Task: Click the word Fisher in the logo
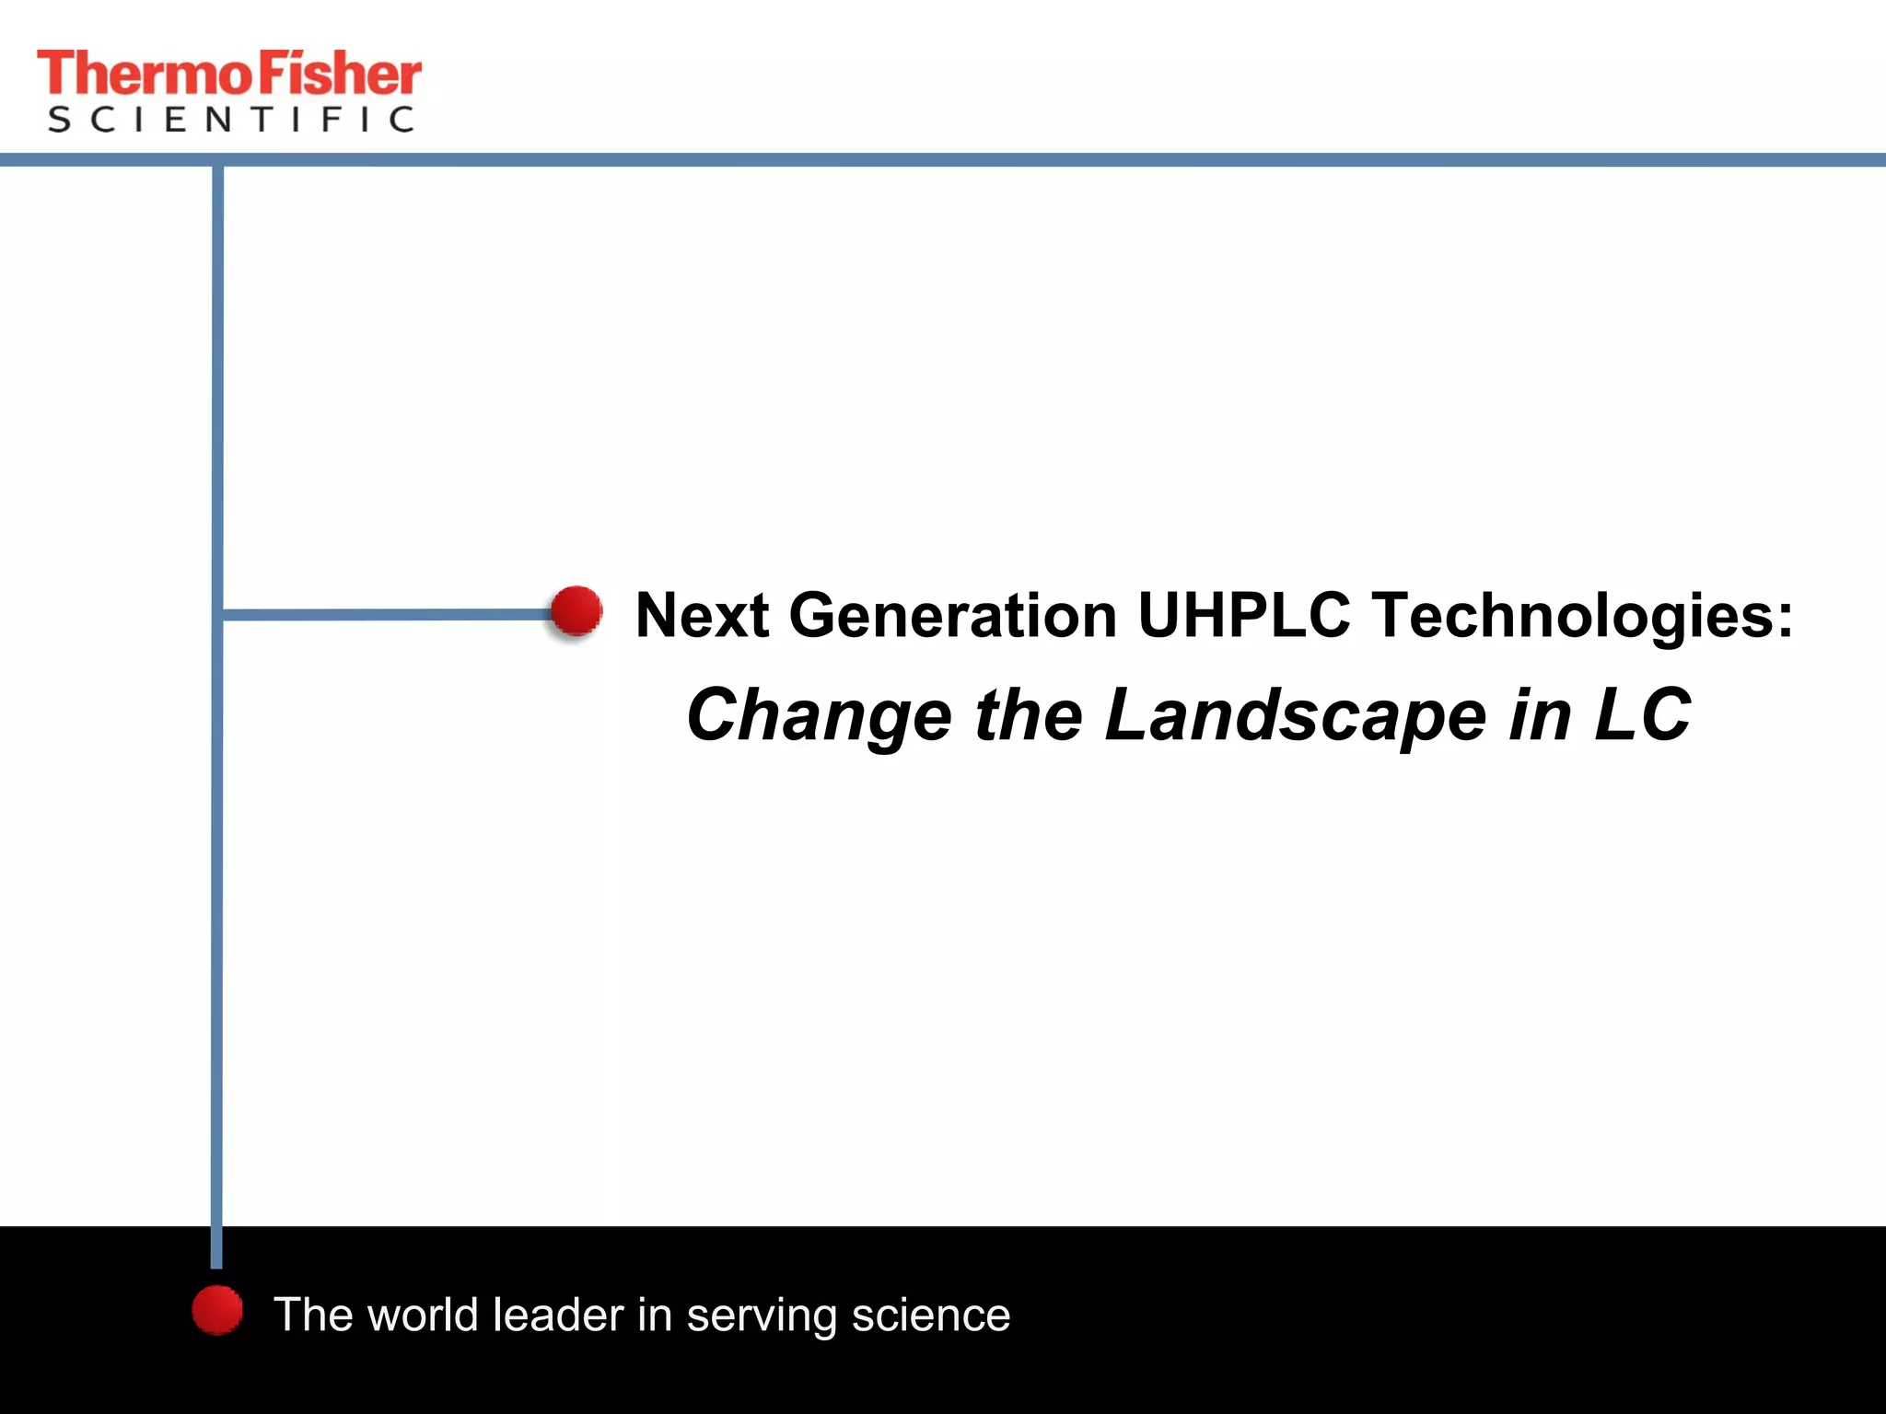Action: tap(339, 74)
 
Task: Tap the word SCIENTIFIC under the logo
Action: tap(230, 120)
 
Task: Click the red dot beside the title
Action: tap(576, 610)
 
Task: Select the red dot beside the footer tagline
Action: tap(217, 1310)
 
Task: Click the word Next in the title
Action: tap(702, 615)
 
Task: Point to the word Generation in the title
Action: tap(952, 615)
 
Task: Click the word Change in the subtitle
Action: tap(819, 716)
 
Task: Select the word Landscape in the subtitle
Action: tap(1295, 716)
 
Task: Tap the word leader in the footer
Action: tap(558, 1315)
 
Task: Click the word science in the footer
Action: tap(930, 1315)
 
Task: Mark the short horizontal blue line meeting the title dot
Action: tap(387, 614)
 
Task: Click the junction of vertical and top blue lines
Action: tap(217, 161)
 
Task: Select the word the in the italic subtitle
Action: tap(1028, 716)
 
